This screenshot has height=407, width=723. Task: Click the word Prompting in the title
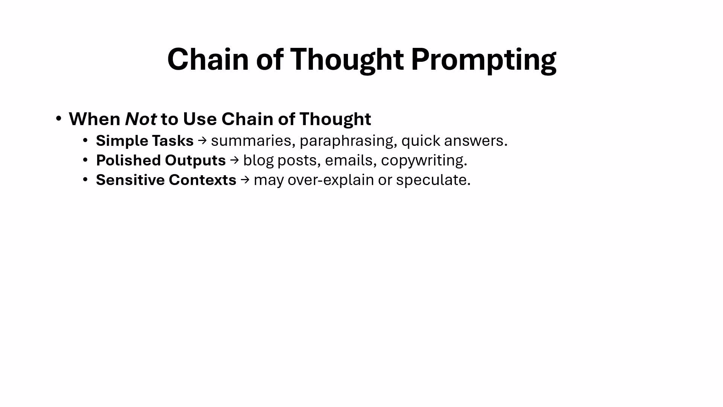(x=484, y=60)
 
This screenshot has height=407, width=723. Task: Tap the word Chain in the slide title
(x=208, y=59)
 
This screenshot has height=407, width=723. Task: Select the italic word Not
(x=141, y=119)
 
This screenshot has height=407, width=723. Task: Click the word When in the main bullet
(x=95, y=119)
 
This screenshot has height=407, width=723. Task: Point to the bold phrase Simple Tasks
(x=145, y=141)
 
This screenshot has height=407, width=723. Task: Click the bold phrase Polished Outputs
(x=161, y=161)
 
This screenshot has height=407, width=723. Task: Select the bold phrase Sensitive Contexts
(x=166, y=180)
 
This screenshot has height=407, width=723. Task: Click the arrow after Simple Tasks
(x=203, y=141)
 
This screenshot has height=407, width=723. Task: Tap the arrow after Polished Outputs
(x=235, y=161)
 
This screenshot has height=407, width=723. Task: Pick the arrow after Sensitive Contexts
(x=245, y=180)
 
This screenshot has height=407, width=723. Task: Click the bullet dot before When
(x=58, y=119)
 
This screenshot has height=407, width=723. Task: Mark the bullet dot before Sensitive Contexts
(x=85, y=180)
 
